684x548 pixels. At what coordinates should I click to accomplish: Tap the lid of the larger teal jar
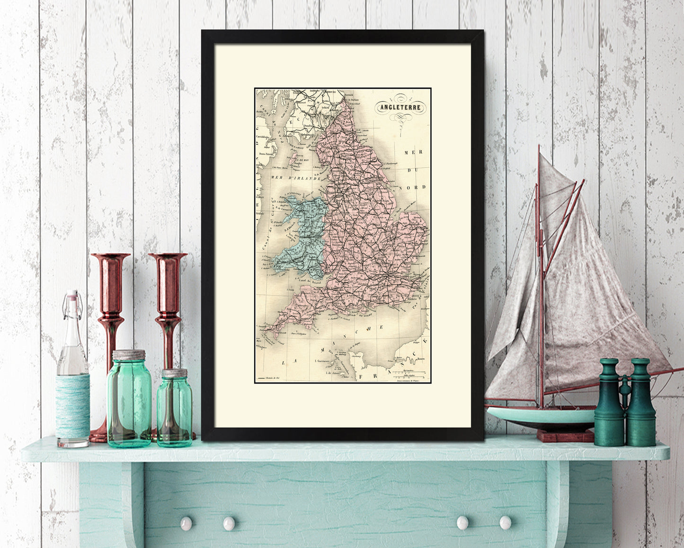(x=129, y=355)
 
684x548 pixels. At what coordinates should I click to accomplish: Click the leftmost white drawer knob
(x=186, y=523)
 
